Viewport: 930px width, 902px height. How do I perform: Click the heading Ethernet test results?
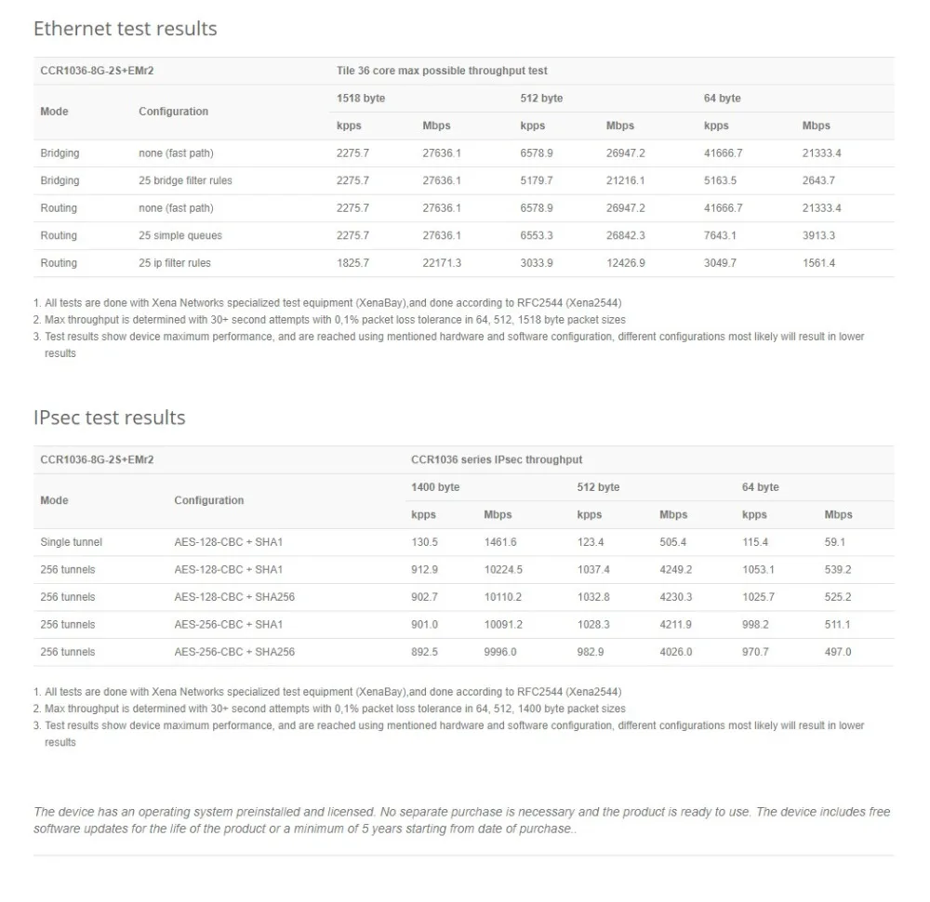[x=126, y=29]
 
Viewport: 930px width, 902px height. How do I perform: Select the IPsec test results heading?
[x=110, y=418]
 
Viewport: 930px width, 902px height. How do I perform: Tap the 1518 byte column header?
[x=361, y=98]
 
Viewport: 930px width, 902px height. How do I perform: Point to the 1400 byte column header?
[x=435, y=487]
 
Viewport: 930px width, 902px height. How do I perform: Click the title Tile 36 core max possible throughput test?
[x=442, y=71]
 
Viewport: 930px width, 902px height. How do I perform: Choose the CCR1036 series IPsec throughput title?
[x=497, y=459]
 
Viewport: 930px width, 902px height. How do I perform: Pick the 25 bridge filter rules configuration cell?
[x=186, y=180]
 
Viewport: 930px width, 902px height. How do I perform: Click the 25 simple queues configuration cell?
[x=180, y=235]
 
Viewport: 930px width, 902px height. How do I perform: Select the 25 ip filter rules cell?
[x=175, y=263]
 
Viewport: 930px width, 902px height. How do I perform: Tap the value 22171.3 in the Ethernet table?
[x=442, y=263]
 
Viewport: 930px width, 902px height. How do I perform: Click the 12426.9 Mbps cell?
[x=626, y=263]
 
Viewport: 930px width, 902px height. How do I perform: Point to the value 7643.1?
[x=721, y=235]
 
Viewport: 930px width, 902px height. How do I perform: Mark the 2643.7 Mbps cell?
[x=818, y=180]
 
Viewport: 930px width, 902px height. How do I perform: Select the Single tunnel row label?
[x=72, y=542]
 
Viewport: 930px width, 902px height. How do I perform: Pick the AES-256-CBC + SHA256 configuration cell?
[x=234, y=652]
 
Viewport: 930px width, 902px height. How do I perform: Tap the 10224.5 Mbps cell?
[x=503, y=569]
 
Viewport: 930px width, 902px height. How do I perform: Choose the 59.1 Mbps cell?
[x=835, y=542]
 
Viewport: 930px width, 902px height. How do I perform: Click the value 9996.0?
[x=500, y=652]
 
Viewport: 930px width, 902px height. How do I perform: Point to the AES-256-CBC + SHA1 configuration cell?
[x=229, y=624]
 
